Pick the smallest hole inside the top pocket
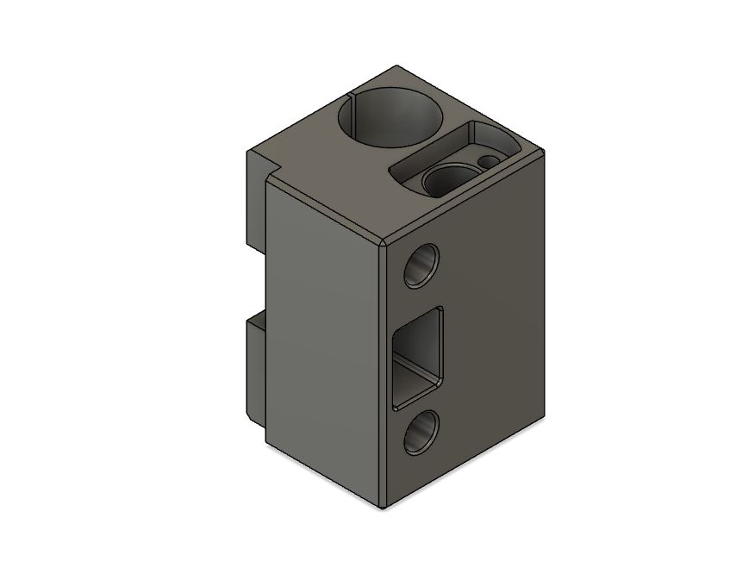[489, 161]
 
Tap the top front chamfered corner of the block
[383, 241]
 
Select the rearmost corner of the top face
[396, 66]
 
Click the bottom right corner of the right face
[545, 421]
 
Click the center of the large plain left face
[323, 345]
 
